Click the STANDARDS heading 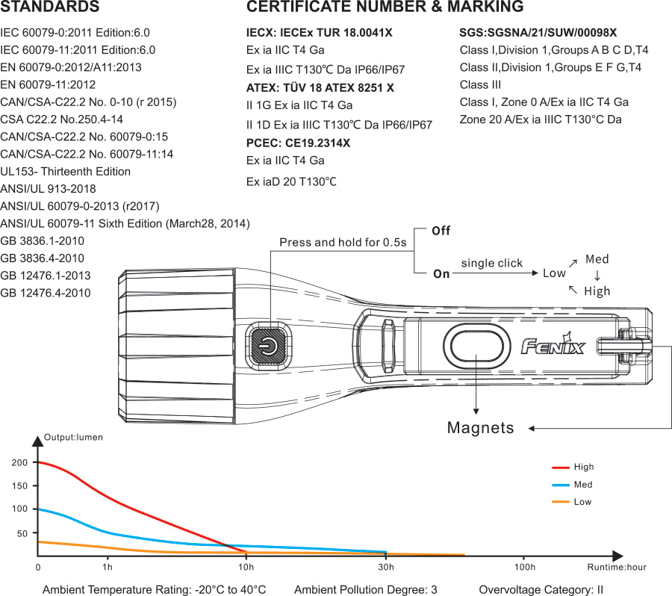pos(50,7)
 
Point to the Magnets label pos(480,428)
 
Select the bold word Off pos(441,231)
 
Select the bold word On pos(441,274)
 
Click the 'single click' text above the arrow pos(491,263)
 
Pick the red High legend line pos(561,468)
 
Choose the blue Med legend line pos(561,485)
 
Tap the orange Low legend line pos(561,502)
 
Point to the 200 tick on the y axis pos(19,463)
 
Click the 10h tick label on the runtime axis pos(246,567)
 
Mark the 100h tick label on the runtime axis pos(525,567)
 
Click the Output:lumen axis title pos(73,437)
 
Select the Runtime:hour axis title pos(616,567)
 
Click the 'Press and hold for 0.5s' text pos(343,243)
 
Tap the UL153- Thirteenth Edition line pos(66,171)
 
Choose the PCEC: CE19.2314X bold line pos(298,143)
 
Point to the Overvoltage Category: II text pos(541,589)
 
